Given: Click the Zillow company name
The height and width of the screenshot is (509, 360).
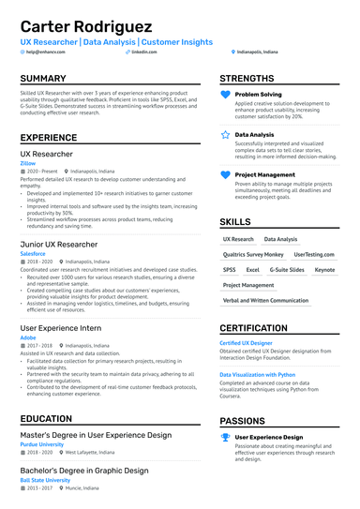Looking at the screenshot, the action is [x=28, y=163].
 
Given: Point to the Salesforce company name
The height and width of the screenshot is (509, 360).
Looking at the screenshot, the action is [x=33, y=253].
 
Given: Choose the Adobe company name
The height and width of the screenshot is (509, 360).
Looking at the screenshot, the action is [x=28, y=337].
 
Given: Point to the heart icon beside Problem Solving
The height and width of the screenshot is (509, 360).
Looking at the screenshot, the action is [x=225, y=96].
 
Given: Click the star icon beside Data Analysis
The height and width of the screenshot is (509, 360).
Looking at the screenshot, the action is [x=225, y=135].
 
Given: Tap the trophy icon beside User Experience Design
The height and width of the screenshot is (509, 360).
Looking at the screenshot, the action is [x=225, y=437].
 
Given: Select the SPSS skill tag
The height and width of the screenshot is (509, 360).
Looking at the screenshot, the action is [x=230, y=269].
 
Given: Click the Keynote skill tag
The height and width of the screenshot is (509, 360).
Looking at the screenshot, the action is [x=324, y=269].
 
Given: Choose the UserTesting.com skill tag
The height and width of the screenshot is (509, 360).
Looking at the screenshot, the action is [x=313, y=254].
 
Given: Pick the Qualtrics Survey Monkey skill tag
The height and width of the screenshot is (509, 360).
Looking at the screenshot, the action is [x=253, y=254].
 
